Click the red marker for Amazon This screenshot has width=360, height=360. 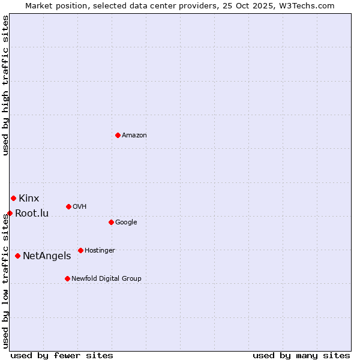[x=118, y=135]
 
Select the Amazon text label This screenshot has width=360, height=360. [x=134, y=136]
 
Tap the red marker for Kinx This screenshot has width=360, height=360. [x=13, y=198]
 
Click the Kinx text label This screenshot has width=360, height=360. [x=29, y=199]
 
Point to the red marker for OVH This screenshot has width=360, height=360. [x=68, y=206]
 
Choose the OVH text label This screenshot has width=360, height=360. [x=80, y=207]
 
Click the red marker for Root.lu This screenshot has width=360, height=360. [x=10, y=213]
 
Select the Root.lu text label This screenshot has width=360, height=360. [x=32, y=214]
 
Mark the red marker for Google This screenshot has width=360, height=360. [x=111, y=222]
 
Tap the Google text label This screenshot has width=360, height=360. [x=126, y=223]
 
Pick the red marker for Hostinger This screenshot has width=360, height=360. [x=80, y=250]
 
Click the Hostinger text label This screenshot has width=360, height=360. [x=100, y=251]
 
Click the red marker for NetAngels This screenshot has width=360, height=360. [x=17, y=256]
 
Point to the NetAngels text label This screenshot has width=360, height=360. [x=47, y=256]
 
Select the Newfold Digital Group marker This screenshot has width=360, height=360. [x=67, y=278]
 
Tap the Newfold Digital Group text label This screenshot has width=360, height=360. [x=106, y=279]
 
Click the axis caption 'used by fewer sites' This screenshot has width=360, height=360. [x=62, y=355]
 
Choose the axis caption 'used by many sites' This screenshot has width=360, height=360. [x=301, y=355]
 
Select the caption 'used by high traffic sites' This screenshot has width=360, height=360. [x=6, y=85]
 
